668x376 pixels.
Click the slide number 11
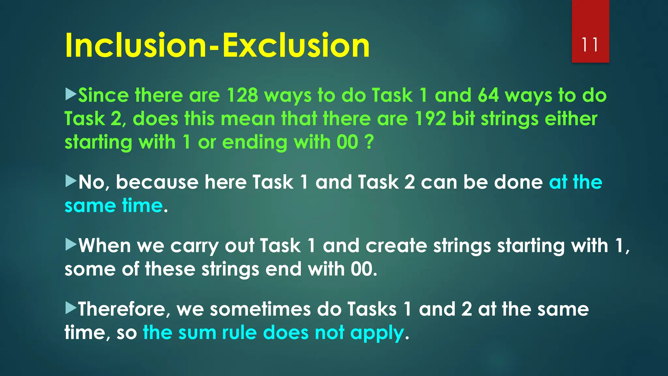pyautogui.click(x=590, y=45)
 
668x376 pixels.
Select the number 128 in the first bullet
pyautogui.click(x=242, y=95)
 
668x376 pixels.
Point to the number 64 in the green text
pyautogui.click(x=488, y=95)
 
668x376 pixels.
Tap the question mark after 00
pyautogui.click(x=369, y=142)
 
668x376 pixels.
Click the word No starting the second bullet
pyautogui.click(x=91, y=182)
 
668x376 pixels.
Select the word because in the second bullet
pyautogui.click(x=157, y=182)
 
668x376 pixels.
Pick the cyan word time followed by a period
pyautogui.click(x=142, y=206)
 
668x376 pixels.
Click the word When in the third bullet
pyautogui.click(x=105, y=245)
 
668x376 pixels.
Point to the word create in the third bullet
pyautogui.click(x=396, y=245)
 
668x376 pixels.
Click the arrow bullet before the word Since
pyautogui.click(x=70, y=94)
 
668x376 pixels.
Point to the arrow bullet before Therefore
pyautogui.click(x=70, y=308)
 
